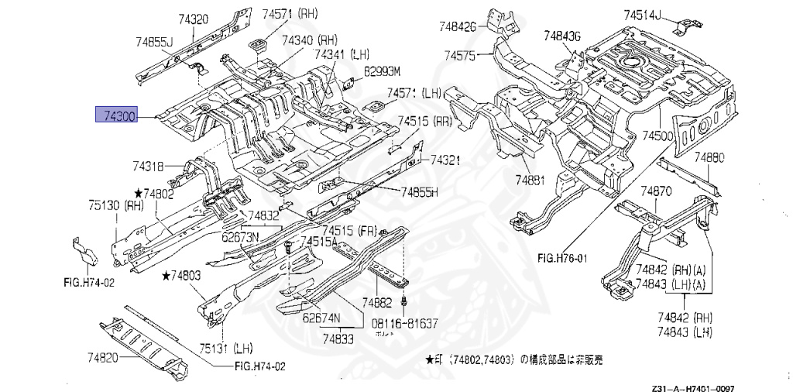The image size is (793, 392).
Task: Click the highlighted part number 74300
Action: click(x=116, y=115)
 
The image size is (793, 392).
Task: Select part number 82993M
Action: click(x=383, y=71)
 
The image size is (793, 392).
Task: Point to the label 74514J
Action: click(x=644, y=13)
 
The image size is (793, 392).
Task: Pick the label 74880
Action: click(x=709, y=157)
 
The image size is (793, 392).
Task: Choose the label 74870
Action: click(x=657, y=191)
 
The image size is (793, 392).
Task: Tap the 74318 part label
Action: click(x=148, y=166)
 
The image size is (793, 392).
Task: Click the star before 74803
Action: click(x=166, y=275)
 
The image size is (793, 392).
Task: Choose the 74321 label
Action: click(x=446, y=160)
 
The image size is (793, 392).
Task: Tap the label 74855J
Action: click(x=154, y=40)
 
